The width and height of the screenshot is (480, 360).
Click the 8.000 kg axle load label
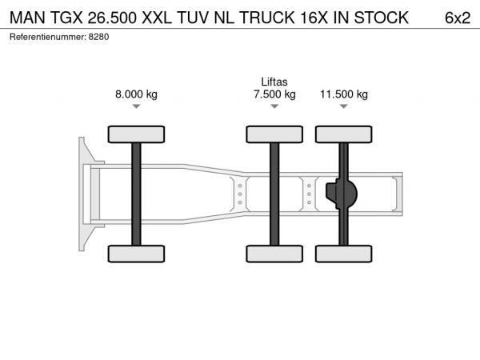pyautogui.click(x=136, y=94)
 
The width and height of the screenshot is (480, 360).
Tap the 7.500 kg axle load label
pyautogui.click(x=274, y=94)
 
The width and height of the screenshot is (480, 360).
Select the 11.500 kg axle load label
pyautogui.click(x=344, y=94)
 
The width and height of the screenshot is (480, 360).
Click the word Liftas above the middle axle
pyautogui.click(x=274, y=82)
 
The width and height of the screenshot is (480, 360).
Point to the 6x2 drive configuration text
pyautogui.click(x=458, y=18)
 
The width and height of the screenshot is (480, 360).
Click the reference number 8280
pyautogui.click(x=98, y=37)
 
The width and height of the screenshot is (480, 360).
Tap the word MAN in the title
pyautogui.click(x=27, y=18)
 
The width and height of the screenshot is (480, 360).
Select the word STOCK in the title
pyautogui.click(x=381, y=18)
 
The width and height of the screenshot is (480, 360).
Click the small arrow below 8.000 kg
pyautogui.click(x=136, y=106)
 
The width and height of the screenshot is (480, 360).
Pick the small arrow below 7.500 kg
pyautogui.click(x=274, y=106)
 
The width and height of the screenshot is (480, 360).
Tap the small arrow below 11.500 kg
pyautogui.click(x=344, y=106)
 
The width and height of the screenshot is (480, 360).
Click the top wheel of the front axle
pyautogui.click(x=136, y=134)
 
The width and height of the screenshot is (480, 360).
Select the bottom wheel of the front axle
pyautogui.click(x=136, y=254)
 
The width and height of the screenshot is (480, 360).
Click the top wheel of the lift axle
pyautogui.click(x=274, y=134)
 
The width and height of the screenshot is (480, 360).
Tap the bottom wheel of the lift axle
pyautogui.click(x=274, y=254)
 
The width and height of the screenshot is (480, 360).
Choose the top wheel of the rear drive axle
pyautogui.click(x=344, y=134)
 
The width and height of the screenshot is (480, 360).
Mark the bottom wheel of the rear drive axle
pyautogui.click(x=344, y=254)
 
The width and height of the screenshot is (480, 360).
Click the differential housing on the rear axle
pyautogui.click(x=342, y=194)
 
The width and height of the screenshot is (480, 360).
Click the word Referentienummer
pyautogui.click(x=48, y=37)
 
